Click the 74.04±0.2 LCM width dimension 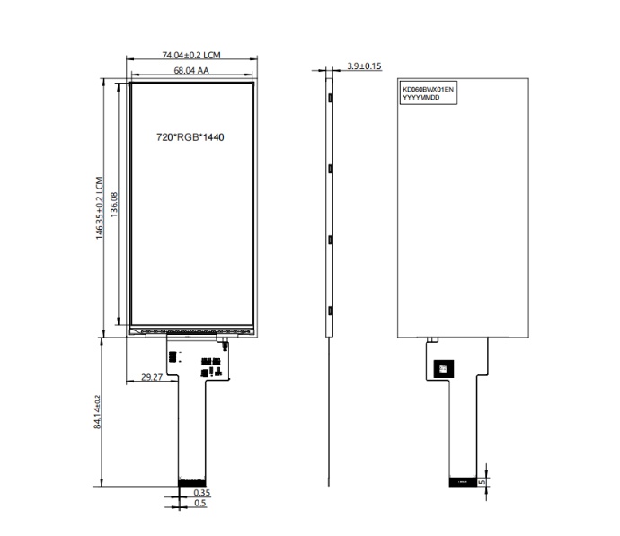click(191, 55)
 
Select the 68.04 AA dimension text click(191, 70)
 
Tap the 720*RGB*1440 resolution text click(190, 137)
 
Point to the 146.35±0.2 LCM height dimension click(99, 207)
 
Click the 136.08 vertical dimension click(114, 205)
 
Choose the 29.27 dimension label click(152, 377)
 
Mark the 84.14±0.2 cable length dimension click(97, 412)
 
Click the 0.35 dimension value click(202, 493)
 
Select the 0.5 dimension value click(200, 503)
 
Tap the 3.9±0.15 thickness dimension click(364, 66)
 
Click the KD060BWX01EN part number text click(428, 89)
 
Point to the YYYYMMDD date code click(421, 97)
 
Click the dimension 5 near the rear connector click(482, 482)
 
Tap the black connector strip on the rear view click(463, 482)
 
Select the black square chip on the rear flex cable click(443, 369)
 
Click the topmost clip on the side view click(330, 98)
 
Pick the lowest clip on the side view click(330, 311)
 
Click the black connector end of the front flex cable click(191, 482)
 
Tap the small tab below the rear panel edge click(432, 339)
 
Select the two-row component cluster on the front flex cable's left click(172, 356)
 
